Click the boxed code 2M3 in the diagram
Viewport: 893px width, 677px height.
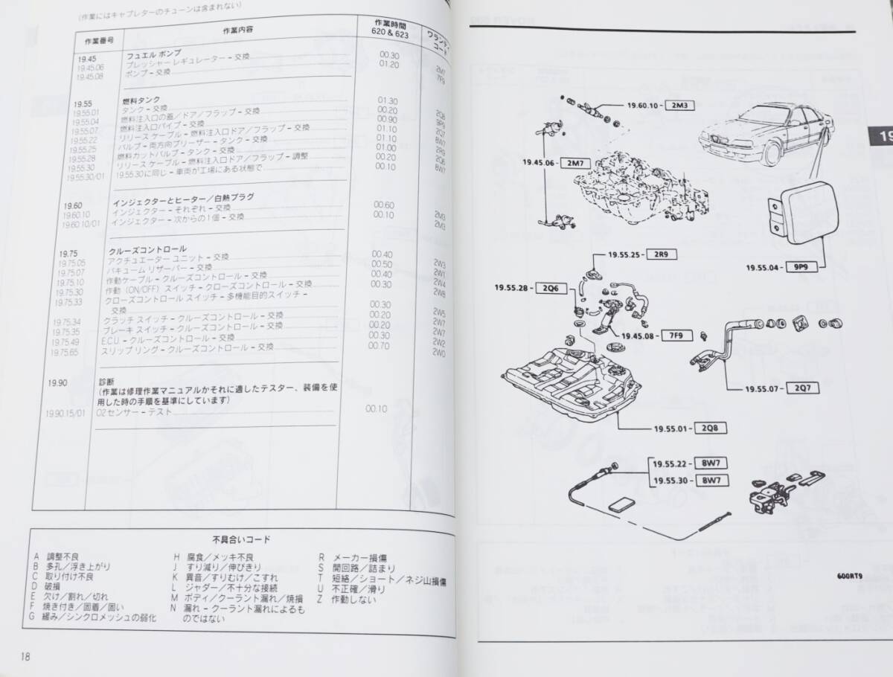point(679,105)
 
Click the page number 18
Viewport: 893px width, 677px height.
point(26,656)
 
